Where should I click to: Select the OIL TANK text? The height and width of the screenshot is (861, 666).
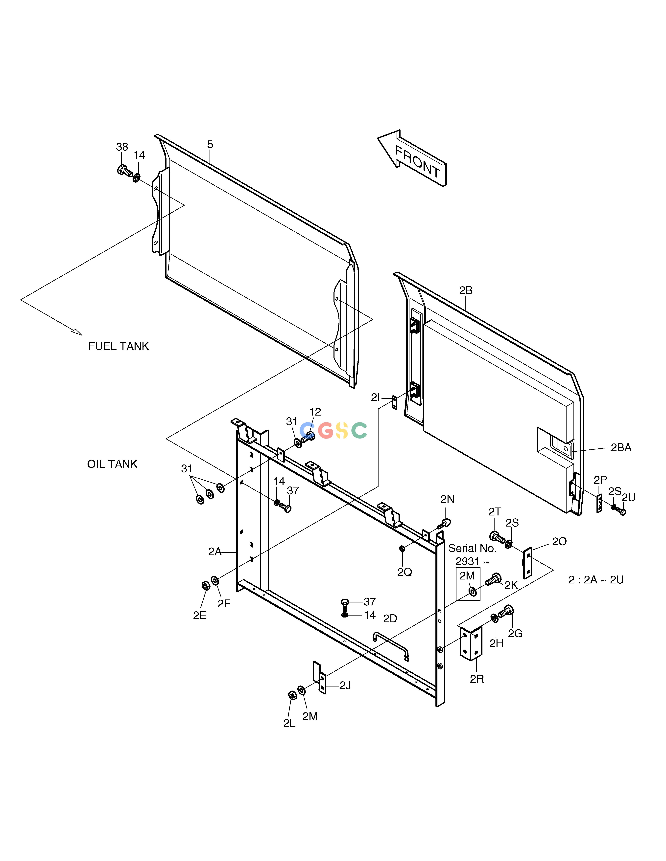112,464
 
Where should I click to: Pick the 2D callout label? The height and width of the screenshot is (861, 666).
390,618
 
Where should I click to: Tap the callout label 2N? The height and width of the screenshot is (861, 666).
447,499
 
